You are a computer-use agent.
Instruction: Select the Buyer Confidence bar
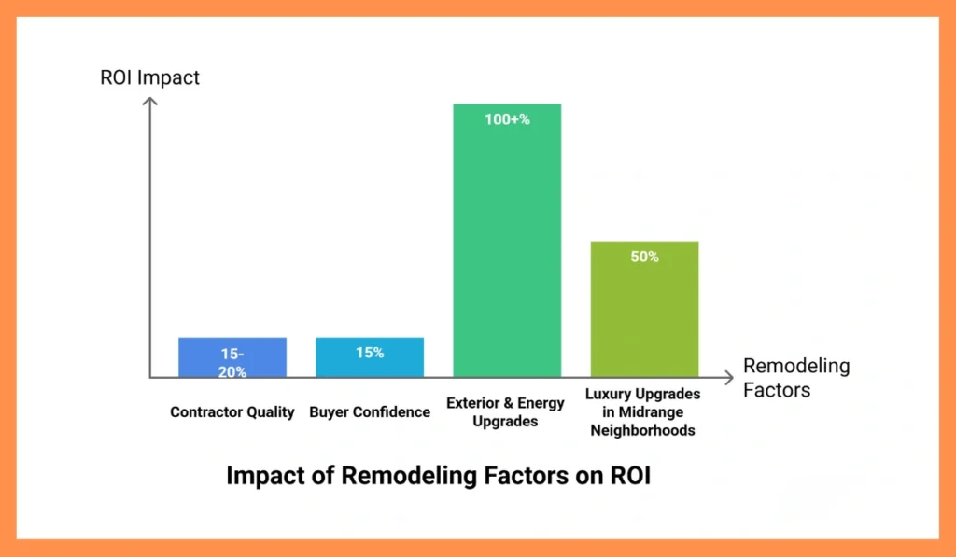pos(370,365)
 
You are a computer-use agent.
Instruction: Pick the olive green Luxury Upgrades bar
pos(644,317)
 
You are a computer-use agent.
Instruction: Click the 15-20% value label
pos(232,363)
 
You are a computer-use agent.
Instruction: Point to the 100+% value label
pos(507,119)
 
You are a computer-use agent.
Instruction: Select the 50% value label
pos(644,257)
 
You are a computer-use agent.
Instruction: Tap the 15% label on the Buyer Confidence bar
pos(370,353)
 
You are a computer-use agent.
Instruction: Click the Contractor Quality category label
pos(232,411)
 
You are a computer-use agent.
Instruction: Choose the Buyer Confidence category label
pos(370,411)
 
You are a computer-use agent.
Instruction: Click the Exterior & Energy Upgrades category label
pos(505,412)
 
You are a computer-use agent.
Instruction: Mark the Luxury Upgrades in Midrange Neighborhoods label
pos(642,412)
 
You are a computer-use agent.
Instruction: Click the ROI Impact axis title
pos(149,77)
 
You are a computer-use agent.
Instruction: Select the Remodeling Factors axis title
pos(796,377)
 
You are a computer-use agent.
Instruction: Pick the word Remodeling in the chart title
pos(404,476)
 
